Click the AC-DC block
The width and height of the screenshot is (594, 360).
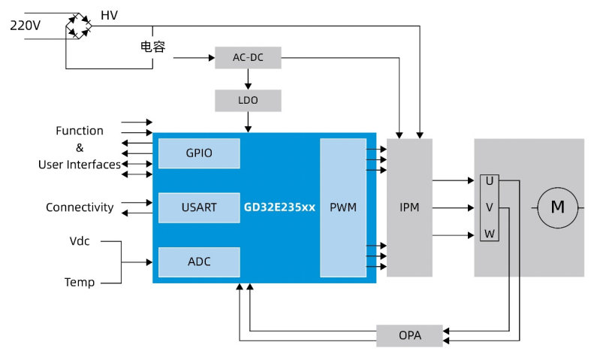pos(248,58)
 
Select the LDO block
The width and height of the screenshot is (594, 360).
pos(248,101)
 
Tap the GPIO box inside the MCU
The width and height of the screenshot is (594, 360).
pos(199,153)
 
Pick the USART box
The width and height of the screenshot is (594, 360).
pos(199,207)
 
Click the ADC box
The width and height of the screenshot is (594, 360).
pos(199,262)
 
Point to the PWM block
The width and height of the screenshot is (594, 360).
pos(343,207)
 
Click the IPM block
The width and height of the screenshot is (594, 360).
pos(409,207)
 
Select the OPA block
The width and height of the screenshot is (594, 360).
pos(409,335)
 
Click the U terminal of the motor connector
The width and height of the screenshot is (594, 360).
pos(490,181)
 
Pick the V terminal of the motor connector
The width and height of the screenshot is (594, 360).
pos(490,207)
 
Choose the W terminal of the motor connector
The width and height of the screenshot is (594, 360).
pos(490,234)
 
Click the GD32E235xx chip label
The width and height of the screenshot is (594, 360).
pos(279,207)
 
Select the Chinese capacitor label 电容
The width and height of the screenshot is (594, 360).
pos(152,47)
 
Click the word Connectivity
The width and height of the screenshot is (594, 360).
pos(80,207)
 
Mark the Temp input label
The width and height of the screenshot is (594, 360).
pos(80,283)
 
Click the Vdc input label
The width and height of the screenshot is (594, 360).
pos(80,241)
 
